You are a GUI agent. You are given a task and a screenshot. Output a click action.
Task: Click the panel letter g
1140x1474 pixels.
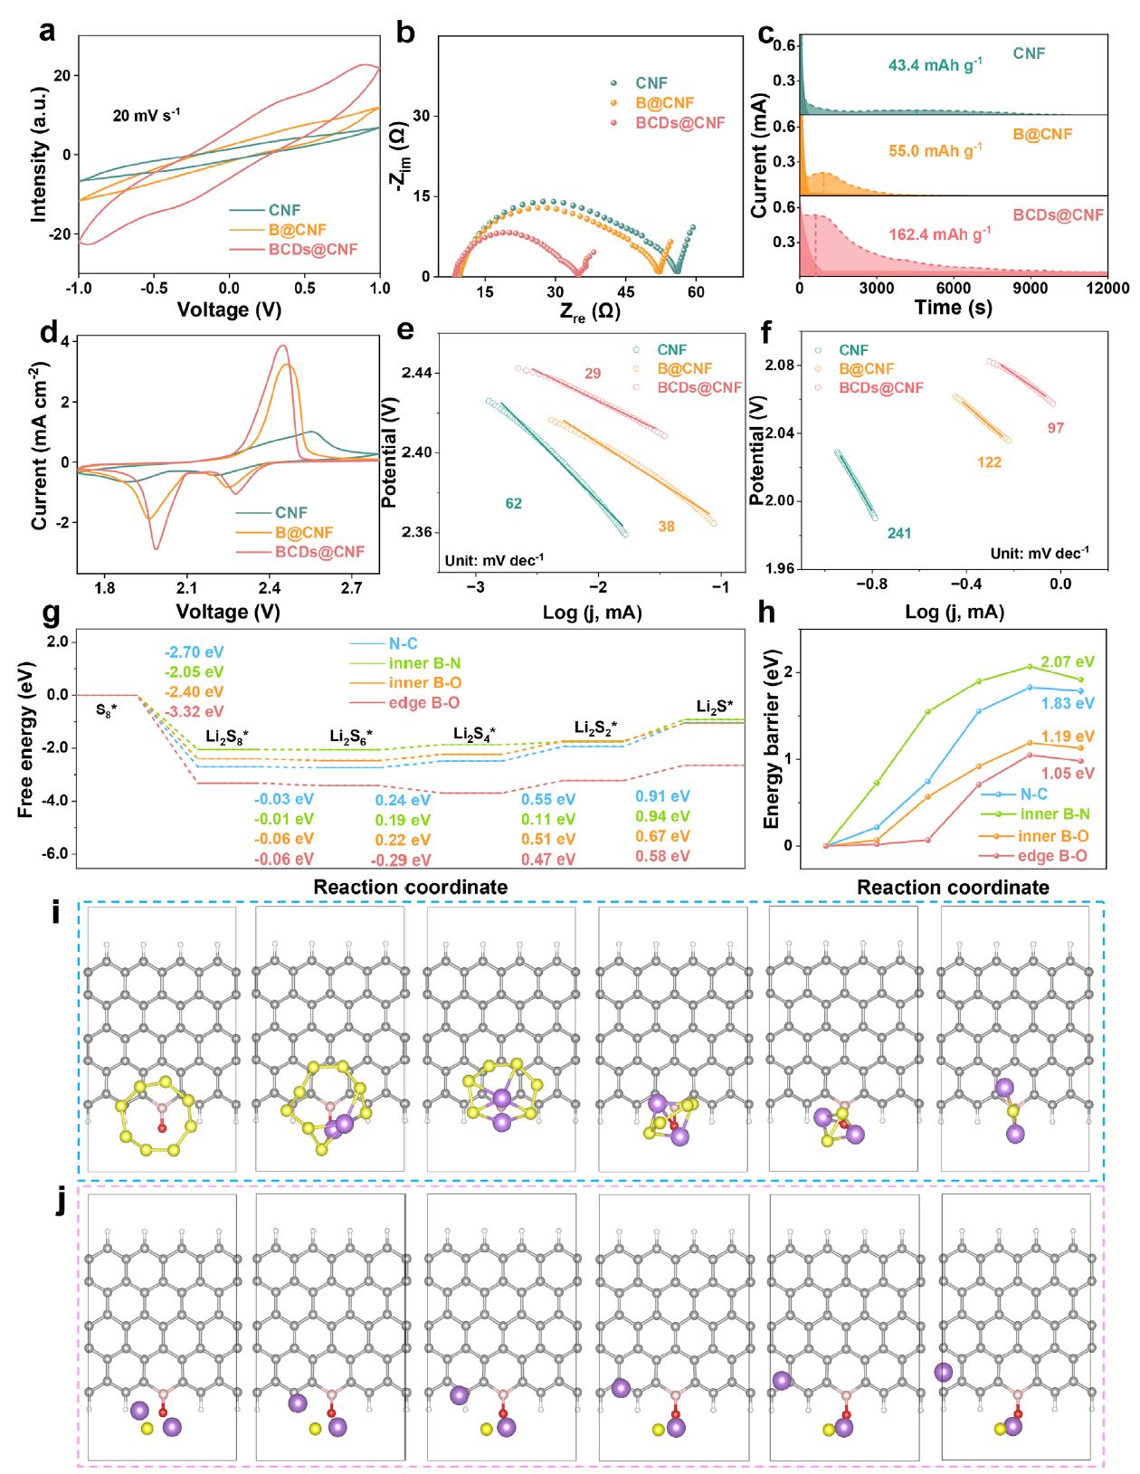point(51,615)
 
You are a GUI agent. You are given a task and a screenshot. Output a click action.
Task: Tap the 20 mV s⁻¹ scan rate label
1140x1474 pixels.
point(146,115)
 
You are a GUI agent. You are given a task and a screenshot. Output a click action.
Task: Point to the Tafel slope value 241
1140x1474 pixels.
point(898,533)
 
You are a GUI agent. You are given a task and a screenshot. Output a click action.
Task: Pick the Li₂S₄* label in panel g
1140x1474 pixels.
point(474,733)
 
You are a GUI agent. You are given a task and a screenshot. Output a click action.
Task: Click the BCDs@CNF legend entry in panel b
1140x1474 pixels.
point(679,123)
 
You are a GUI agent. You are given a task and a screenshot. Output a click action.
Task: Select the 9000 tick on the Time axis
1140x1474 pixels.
point(1030,289)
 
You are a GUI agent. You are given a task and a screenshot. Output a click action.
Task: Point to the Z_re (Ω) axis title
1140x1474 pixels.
point(590,312)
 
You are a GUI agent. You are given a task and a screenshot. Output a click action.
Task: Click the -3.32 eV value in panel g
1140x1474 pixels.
point(194,711)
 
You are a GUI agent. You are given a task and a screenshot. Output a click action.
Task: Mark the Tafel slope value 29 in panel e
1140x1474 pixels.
point(593,373)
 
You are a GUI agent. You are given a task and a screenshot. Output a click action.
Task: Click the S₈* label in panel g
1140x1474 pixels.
point(107,711)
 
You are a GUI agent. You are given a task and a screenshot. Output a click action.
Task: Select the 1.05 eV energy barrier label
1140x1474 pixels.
point(1068,773)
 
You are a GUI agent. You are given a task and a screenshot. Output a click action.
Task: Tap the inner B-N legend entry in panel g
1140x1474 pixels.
point(424,663)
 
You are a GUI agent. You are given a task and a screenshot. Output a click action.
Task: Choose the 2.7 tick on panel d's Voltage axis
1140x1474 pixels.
point(352,588)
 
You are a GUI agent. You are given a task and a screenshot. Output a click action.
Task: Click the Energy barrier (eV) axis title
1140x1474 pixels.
point(772,739)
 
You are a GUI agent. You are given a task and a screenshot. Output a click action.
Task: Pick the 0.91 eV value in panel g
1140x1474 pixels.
point(662,796)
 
